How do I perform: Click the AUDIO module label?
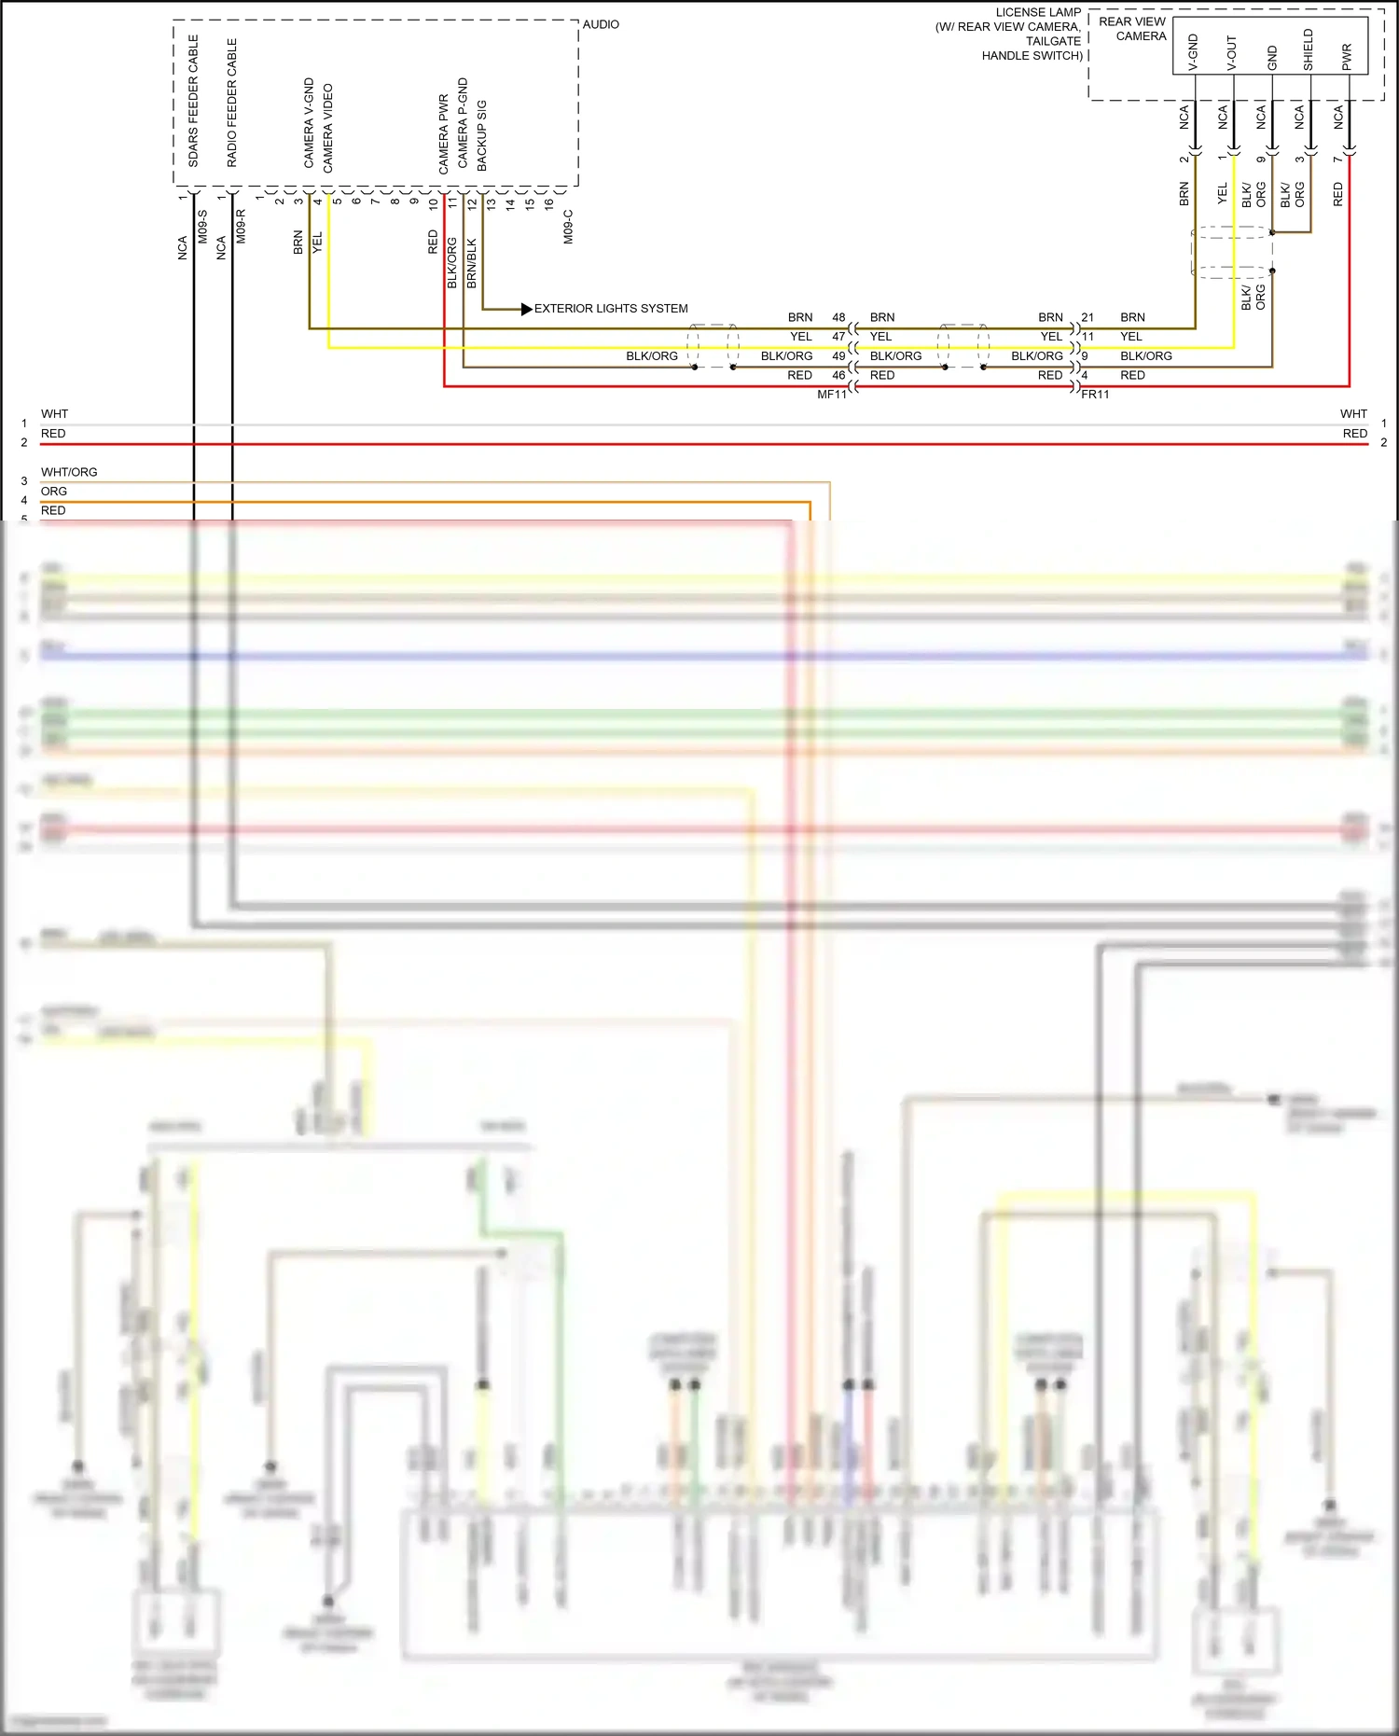601,24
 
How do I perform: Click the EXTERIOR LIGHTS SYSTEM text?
611,309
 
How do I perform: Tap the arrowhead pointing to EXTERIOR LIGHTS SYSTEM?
526,309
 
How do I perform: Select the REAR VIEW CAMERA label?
1132,29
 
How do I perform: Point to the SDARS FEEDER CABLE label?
194,101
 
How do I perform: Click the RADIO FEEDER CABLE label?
232,103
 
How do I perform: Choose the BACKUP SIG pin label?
482,135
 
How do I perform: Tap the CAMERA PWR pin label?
444,133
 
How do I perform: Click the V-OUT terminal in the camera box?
1231,53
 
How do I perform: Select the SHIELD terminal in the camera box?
1309,49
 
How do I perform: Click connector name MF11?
832,395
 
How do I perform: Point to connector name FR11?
1096,395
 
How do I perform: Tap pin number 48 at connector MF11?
838,317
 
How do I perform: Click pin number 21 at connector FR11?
1087,317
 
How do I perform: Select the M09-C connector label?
568,227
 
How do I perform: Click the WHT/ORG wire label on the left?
69,472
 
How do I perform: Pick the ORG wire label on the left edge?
54,492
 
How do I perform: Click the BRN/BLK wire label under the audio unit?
472,263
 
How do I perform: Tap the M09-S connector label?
202,227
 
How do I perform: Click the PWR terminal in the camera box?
1347,57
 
